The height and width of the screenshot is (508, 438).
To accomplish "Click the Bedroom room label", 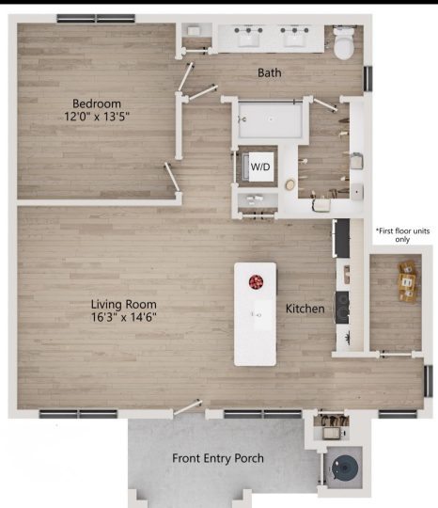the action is coord(97,103).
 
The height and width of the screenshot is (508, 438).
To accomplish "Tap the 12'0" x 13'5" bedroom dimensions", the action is coord(97,116).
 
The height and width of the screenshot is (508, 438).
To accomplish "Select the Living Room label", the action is coord(124,305).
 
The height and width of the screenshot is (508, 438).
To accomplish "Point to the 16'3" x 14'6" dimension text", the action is coord(124,317).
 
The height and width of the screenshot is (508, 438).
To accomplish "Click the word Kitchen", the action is coord(305,309).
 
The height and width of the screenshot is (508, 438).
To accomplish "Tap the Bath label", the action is coord(270,72).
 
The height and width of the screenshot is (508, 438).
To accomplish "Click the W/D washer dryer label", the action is coord(260,167).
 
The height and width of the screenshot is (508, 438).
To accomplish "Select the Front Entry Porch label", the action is coord(218,458).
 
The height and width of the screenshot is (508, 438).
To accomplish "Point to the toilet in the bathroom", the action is coord(343,42).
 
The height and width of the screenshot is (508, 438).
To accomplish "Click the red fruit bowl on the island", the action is coord(256,282).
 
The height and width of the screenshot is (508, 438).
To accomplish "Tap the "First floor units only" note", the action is coord(402,235).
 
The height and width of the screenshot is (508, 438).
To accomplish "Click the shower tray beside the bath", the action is coord(271,119).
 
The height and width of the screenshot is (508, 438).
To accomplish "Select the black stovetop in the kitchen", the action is coord(342,308).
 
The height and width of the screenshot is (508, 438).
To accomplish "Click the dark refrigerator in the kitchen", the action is coord(341,238).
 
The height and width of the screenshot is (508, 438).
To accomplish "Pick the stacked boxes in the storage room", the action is coord(408,281).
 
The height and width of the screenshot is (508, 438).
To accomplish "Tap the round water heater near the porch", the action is coord(344,468).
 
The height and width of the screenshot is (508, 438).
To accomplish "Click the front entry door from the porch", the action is coord(188,407).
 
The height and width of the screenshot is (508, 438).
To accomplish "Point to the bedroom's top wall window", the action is coord(96,19).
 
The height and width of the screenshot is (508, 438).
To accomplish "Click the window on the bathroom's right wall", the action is coord(368,78).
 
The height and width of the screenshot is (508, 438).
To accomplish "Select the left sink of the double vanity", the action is coord(248,39).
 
